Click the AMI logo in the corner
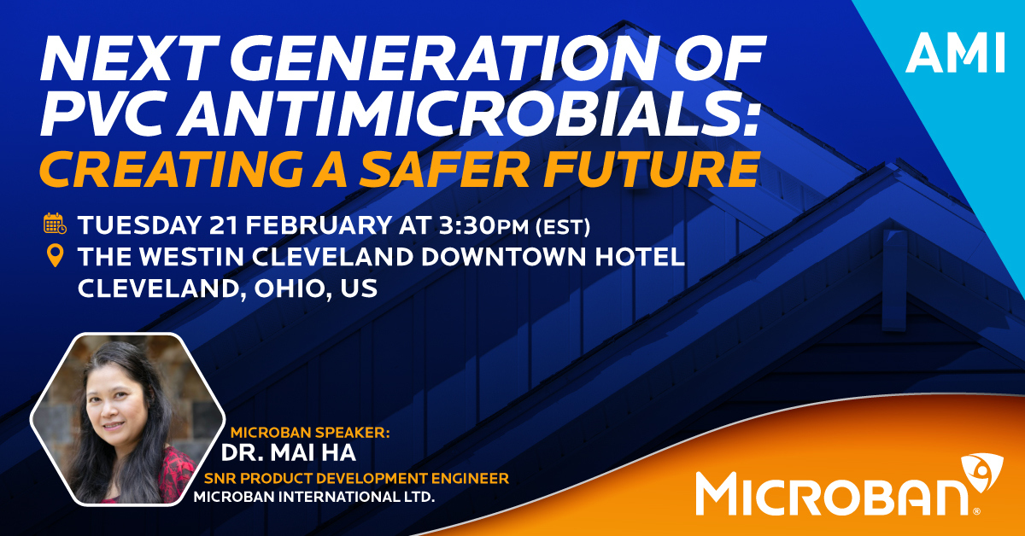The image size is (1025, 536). (x=955, y=52)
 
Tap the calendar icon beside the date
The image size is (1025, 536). (x=55, y=224)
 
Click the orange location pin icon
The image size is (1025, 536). (x=56, y=256)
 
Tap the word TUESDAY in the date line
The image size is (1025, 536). (x=139, y=225)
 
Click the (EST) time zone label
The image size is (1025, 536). (x=563, y=227)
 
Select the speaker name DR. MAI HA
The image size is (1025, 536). (x=289, y=452)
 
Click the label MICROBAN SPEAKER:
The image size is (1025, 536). (x=310, y=432)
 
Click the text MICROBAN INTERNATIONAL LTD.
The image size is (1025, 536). (x=314, y=497)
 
